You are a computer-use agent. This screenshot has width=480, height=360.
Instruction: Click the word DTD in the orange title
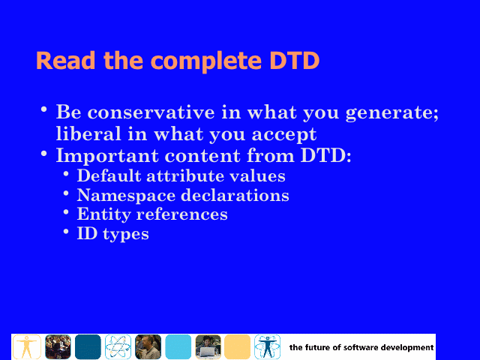295,60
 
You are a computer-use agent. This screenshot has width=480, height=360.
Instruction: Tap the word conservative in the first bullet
151,112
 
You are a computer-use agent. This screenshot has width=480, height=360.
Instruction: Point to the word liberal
88,133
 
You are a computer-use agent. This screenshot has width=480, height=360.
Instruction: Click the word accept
284,135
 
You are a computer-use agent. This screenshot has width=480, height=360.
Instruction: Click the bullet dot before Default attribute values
66,174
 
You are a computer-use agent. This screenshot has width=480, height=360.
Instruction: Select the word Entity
103,214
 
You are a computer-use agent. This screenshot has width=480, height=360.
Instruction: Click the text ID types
112,234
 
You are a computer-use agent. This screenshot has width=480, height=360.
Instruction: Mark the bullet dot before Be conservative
44,109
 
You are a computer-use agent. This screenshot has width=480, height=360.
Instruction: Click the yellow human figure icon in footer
27,346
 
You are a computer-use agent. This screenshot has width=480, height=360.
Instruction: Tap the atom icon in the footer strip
118,346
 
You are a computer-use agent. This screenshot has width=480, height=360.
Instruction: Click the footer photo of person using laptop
208,346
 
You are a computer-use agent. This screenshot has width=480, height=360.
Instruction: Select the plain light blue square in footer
178,346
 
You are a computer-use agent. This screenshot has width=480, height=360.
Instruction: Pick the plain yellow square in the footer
237,346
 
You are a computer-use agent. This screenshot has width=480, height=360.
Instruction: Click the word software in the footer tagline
359,347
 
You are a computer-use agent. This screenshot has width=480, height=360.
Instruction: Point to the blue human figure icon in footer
267,346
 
